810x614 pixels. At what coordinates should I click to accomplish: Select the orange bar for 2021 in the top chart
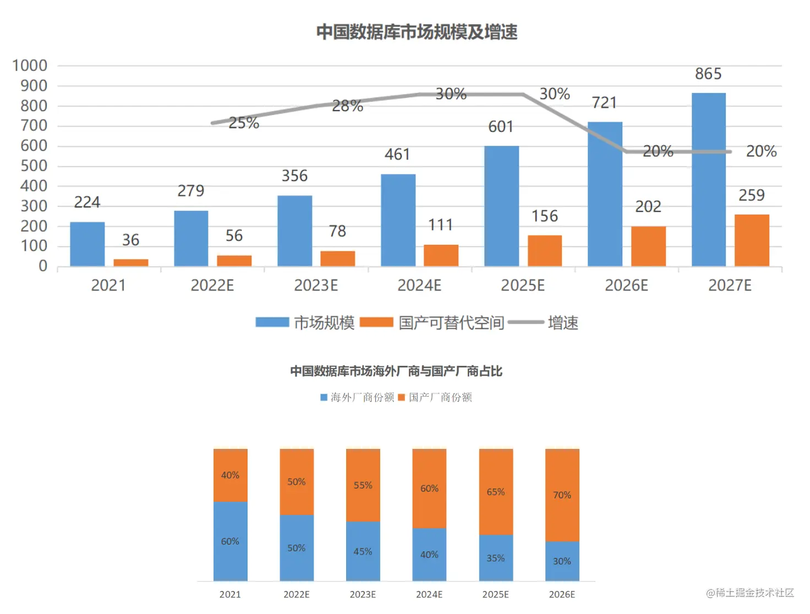point(131,262)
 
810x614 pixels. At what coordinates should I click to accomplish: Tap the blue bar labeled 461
point(398,220)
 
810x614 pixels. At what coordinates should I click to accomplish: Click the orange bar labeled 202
point(648,246)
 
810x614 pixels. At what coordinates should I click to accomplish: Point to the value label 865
point(708,74)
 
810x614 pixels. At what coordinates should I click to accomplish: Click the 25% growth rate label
point(243,123)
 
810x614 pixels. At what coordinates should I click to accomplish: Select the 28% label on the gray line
point(347,106)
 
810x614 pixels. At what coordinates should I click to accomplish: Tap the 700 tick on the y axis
point(34,126)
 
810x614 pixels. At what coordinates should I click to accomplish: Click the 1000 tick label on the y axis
point(30,66)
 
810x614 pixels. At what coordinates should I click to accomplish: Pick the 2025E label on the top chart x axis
point(522,286)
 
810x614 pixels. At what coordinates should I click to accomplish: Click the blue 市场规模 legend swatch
point(272,322)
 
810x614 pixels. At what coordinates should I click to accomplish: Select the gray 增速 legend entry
point(562,323)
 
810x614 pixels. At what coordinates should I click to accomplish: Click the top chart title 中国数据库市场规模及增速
point(417,32)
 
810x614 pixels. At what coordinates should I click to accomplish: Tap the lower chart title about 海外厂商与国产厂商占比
point(396,371)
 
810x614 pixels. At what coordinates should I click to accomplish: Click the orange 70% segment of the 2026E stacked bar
point(562,495)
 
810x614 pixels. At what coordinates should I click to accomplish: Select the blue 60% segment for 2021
point(230,541)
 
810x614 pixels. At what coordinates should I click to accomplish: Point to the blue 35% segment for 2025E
point(495,558)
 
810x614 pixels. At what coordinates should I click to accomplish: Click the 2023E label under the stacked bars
point(363,595)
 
